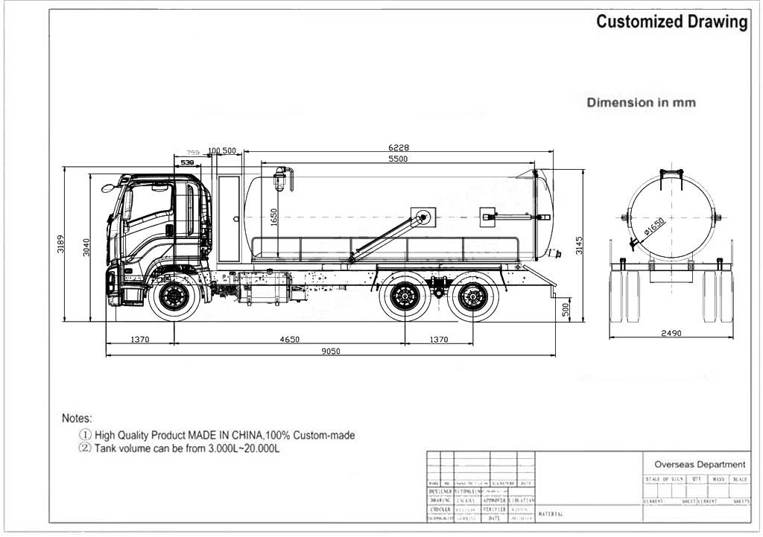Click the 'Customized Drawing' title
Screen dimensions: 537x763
[x=671, y=22]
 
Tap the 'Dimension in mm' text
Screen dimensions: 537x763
[x=641, y=103]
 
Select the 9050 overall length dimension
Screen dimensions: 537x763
[x=331, y=352]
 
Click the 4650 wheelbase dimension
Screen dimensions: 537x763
[x=289, y=339]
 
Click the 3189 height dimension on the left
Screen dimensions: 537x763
[x=61, y=244]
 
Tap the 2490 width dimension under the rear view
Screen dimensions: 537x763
[x=671, y=334]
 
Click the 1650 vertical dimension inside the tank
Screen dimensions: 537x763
[x=274, y=216]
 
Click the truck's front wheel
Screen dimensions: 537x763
[x=174, y=296]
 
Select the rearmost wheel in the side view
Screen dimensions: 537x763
[x=473, y=296]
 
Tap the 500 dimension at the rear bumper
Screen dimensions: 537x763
[x=565, y=309]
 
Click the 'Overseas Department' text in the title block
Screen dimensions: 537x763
[x=700, y=464]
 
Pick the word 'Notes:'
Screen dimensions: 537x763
[x=77, y=419]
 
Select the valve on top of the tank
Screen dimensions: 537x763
[x=281, y=178]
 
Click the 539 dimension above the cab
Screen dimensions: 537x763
[x=187, y=162]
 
